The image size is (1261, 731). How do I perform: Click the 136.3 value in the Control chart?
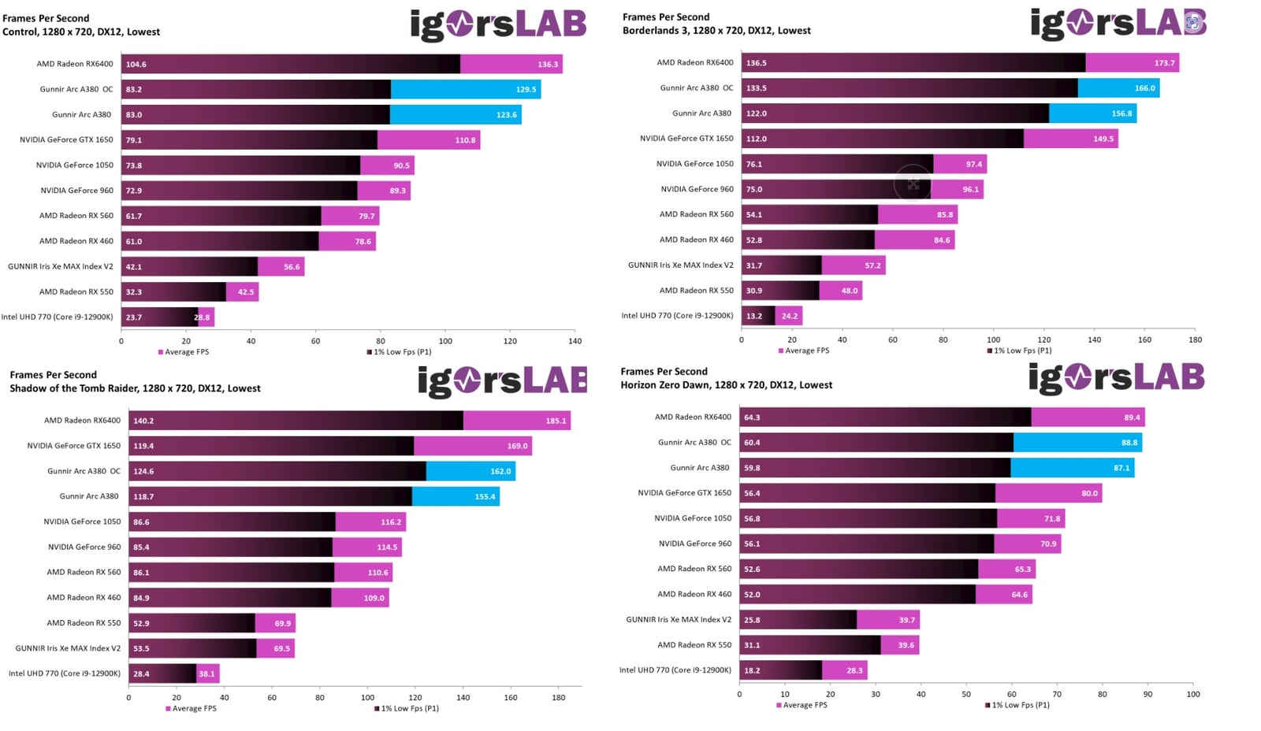coord(548,65)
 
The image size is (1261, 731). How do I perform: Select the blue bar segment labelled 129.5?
coord(465,90)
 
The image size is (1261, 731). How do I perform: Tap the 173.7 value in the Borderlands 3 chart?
coord(1164,63)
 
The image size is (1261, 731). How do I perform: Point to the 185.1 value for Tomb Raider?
coord(556,421)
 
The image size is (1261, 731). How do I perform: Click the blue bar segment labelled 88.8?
coord(1077,443)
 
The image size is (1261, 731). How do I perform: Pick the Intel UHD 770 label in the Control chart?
coord(57,317)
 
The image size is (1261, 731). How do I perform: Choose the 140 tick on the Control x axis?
coord(575,341)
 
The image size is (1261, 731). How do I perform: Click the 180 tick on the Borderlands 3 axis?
coord(1195,340)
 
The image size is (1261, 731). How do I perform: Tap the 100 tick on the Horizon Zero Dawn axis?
coord(1193,694)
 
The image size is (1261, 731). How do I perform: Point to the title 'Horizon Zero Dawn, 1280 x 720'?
coord(726,385)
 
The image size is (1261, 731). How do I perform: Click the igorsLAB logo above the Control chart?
coord(498,25)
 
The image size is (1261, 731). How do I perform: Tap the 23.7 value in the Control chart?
coord(134,317)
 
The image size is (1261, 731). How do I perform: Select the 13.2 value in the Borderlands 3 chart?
coord(754,316)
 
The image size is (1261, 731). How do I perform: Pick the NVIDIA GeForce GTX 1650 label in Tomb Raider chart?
coord(74,446)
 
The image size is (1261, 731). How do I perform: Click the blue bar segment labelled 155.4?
coord(455,496)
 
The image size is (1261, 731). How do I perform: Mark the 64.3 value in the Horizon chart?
coord(752,417)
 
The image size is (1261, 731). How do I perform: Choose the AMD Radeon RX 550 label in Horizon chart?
coord(694,645)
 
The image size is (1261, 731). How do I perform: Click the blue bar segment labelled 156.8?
coord(1092,113)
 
